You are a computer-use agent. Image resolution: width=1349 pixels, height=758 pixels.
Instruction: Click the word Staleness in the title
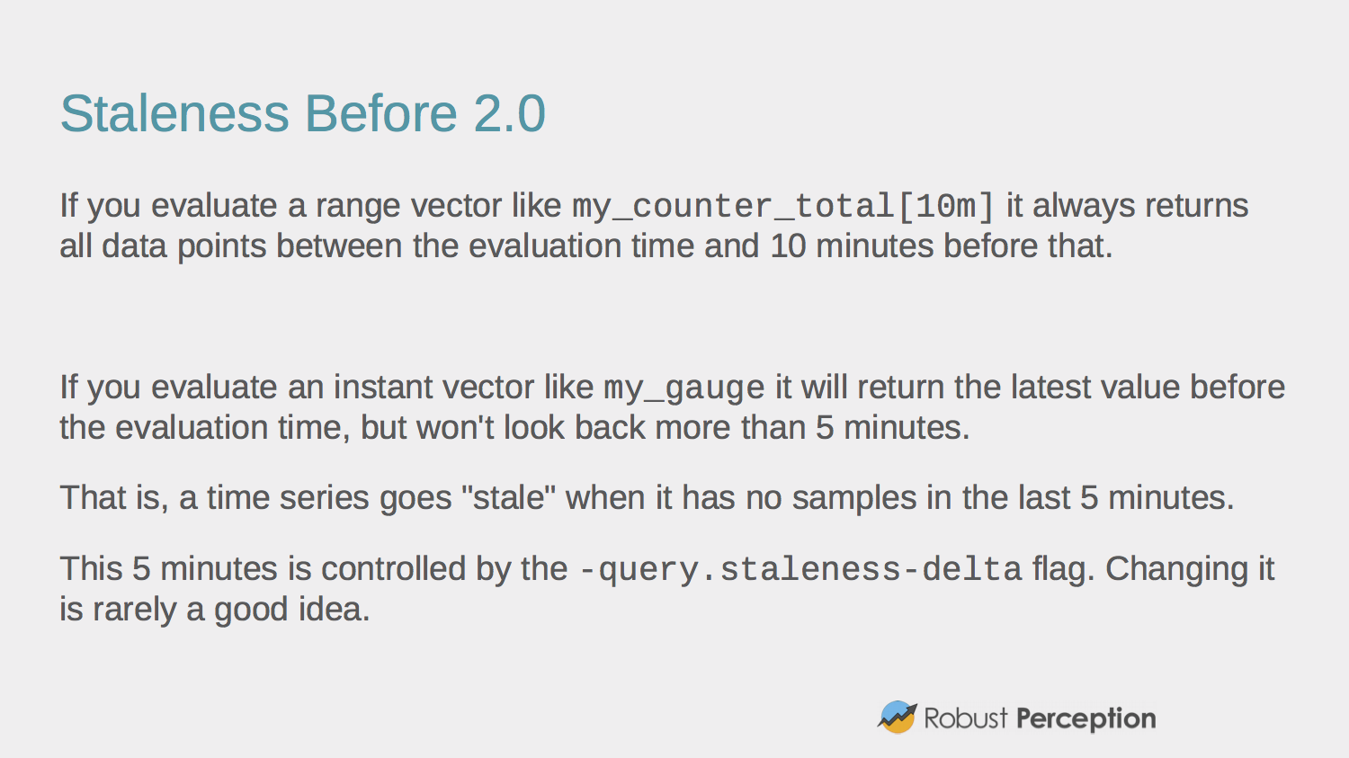[174, 113]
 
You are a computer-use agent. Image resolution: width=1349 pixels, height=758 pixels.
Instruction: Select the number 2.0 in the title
[510, 113]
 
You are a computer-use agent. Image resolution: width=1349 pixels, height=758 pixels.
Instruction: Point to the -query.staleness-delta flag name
[800, 570]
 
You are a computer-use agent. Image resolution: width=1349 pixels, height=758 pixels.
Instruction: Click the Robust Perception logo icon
[898, 717]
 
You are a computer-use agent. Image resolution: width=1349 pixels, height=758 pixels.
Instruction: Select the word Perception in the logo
[1085, 719]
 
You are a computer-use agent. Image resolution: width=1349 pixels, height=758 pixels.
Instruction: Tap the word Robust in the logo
[965, 718]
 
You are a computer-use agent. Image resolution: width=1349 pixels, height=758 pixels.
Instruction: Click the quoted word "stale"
[508, 498]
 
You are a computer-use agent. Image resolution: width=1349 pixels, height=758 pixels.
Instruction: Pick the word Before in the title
[380, 113]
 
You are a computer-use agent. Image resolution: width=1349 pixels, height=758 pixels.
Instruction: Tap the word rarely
[134, 610]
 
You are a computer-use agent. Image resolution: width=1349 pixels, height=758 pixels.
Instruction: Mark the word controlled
[393, 568]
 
